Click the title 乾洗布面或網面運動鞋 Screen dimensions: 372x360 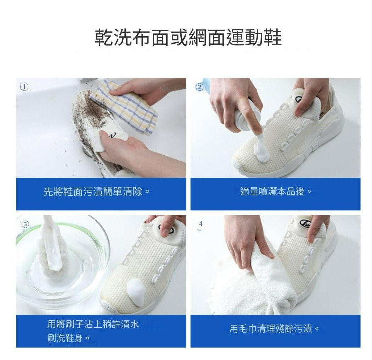pyautogui.click(x=188, y=37)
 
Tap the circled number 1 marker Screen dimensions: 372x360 pyautogui.click(x=24, y=87)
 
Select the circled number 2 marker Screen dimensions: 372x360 pyautogui.click(x=199, y=87)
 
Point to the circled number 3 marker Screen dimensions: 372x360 pyautogui.click(x=25, y=224)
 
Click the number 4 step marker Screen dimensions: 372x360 pyautogui.click(x=201, y=224)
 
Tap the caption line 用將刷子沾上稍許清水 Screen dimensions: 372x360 pyautogui.click(x=93, y=324)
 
